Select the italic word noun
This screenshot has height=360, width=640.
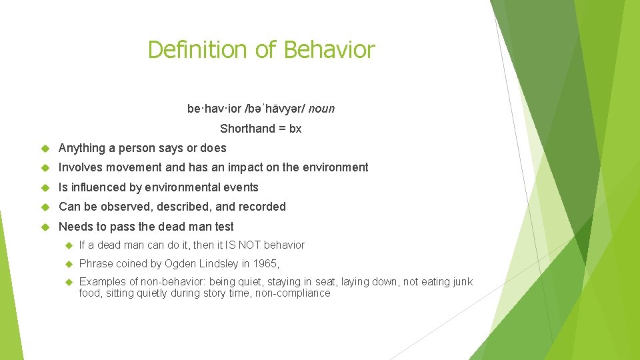tap(322, 109)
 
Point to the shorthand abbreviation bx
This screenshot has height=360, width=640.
tap(295, 129)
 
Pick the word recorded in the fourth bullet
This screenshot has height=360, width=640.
tap(262, 207)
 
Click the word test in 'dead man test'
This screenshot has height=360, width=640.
tap(223, 227)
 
